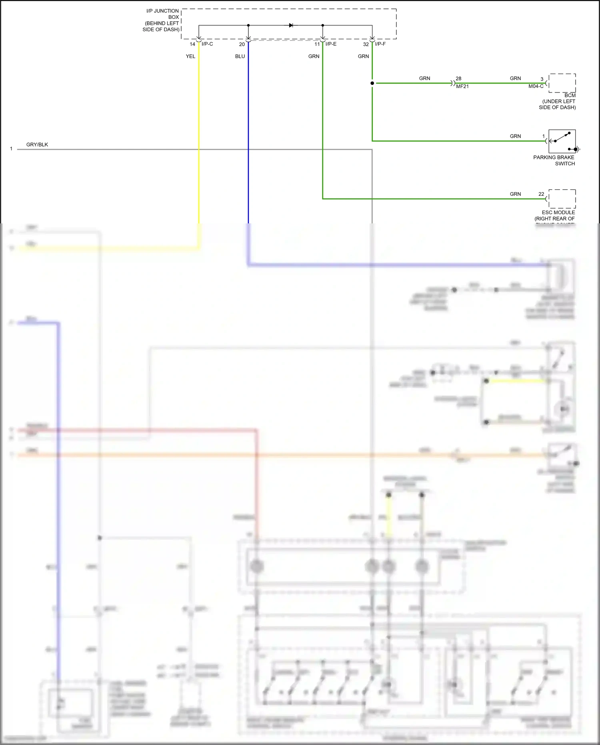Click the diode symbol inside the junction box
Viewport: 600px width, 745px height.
click(x=291, y=25)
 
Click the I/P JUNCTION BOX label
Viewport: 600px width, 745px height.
click(x=162, y=20)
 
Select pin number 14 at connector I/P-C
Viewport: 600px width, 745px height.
click(x=192, y=44)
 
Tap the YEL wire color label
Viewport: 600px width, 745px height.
click(x=190, y=56)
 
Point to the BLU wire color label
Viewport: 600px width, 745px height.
click(x=240, y=56)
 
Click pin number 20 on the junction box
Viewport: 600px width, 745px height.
click(x=242, y=44)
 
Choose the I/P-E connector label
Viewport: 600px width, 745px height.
click(x=331, y=44)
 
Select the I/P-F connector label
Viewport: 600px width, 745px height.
click(x=380, y=44)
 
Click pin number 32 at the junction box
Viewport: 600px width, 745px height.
click(x=366, y=44)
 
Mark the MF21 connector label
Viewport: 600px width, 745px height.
click(x=462, y=86)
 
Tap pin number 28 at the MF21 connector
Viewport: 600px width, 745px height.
click(x=458, y=78)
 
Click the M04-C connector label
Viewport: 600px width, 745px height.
click(x=536, y=86)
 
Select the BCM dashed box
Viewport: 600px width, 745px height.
click(x=562, y=83)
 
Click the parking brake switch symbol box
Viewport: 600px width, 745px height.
click(x=562, y=141)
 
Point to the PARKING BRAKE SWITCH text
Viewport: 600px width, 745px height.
click(x=554, y=160)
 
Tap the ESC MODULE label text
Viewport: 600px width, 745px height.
click(x=558, y=213)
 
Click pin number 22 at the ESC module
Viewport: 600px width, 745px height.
click(x=541, y=194)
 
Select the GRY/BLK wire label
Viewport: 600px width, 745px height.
click(x=37, y=145)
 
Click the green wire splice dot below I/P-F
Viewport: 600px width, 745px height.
click(x=372, y=83)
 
